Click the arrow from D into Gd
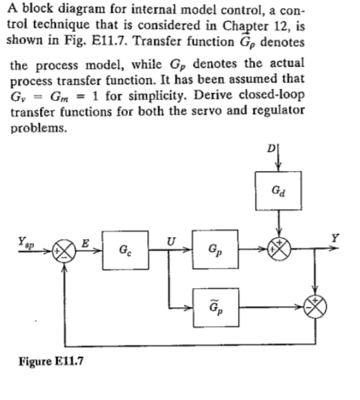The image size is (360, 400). coord(279,157)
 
